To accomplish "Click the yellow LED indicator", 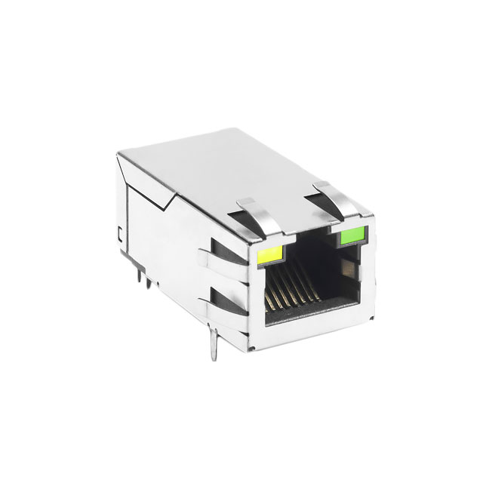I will pyautogui.click(x=269, y=255).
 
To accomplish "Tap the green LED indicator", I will pyautogui.click(x=351, y=236).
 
